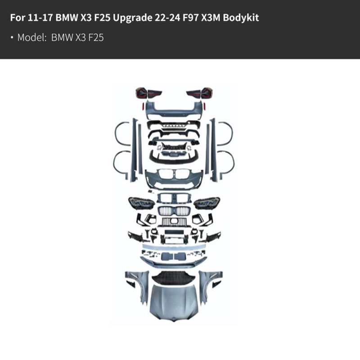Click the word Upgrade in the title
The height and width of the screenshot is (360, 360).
132,18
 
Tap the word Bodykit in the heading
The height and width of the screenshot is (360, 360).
241,18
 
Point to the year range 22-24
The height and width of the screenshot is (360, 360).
167,18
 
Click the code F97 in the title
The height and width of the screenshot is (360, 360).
191,18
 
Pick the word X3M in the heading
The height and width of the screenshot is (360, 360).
211,18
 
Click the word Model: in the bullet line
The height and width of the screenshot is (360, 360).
32,37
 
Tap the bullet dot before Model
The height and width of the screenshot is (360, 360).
12,37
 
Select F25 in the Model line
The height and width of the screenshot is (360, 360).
96,37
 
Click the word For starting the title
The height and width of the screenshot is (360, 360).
18,18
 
